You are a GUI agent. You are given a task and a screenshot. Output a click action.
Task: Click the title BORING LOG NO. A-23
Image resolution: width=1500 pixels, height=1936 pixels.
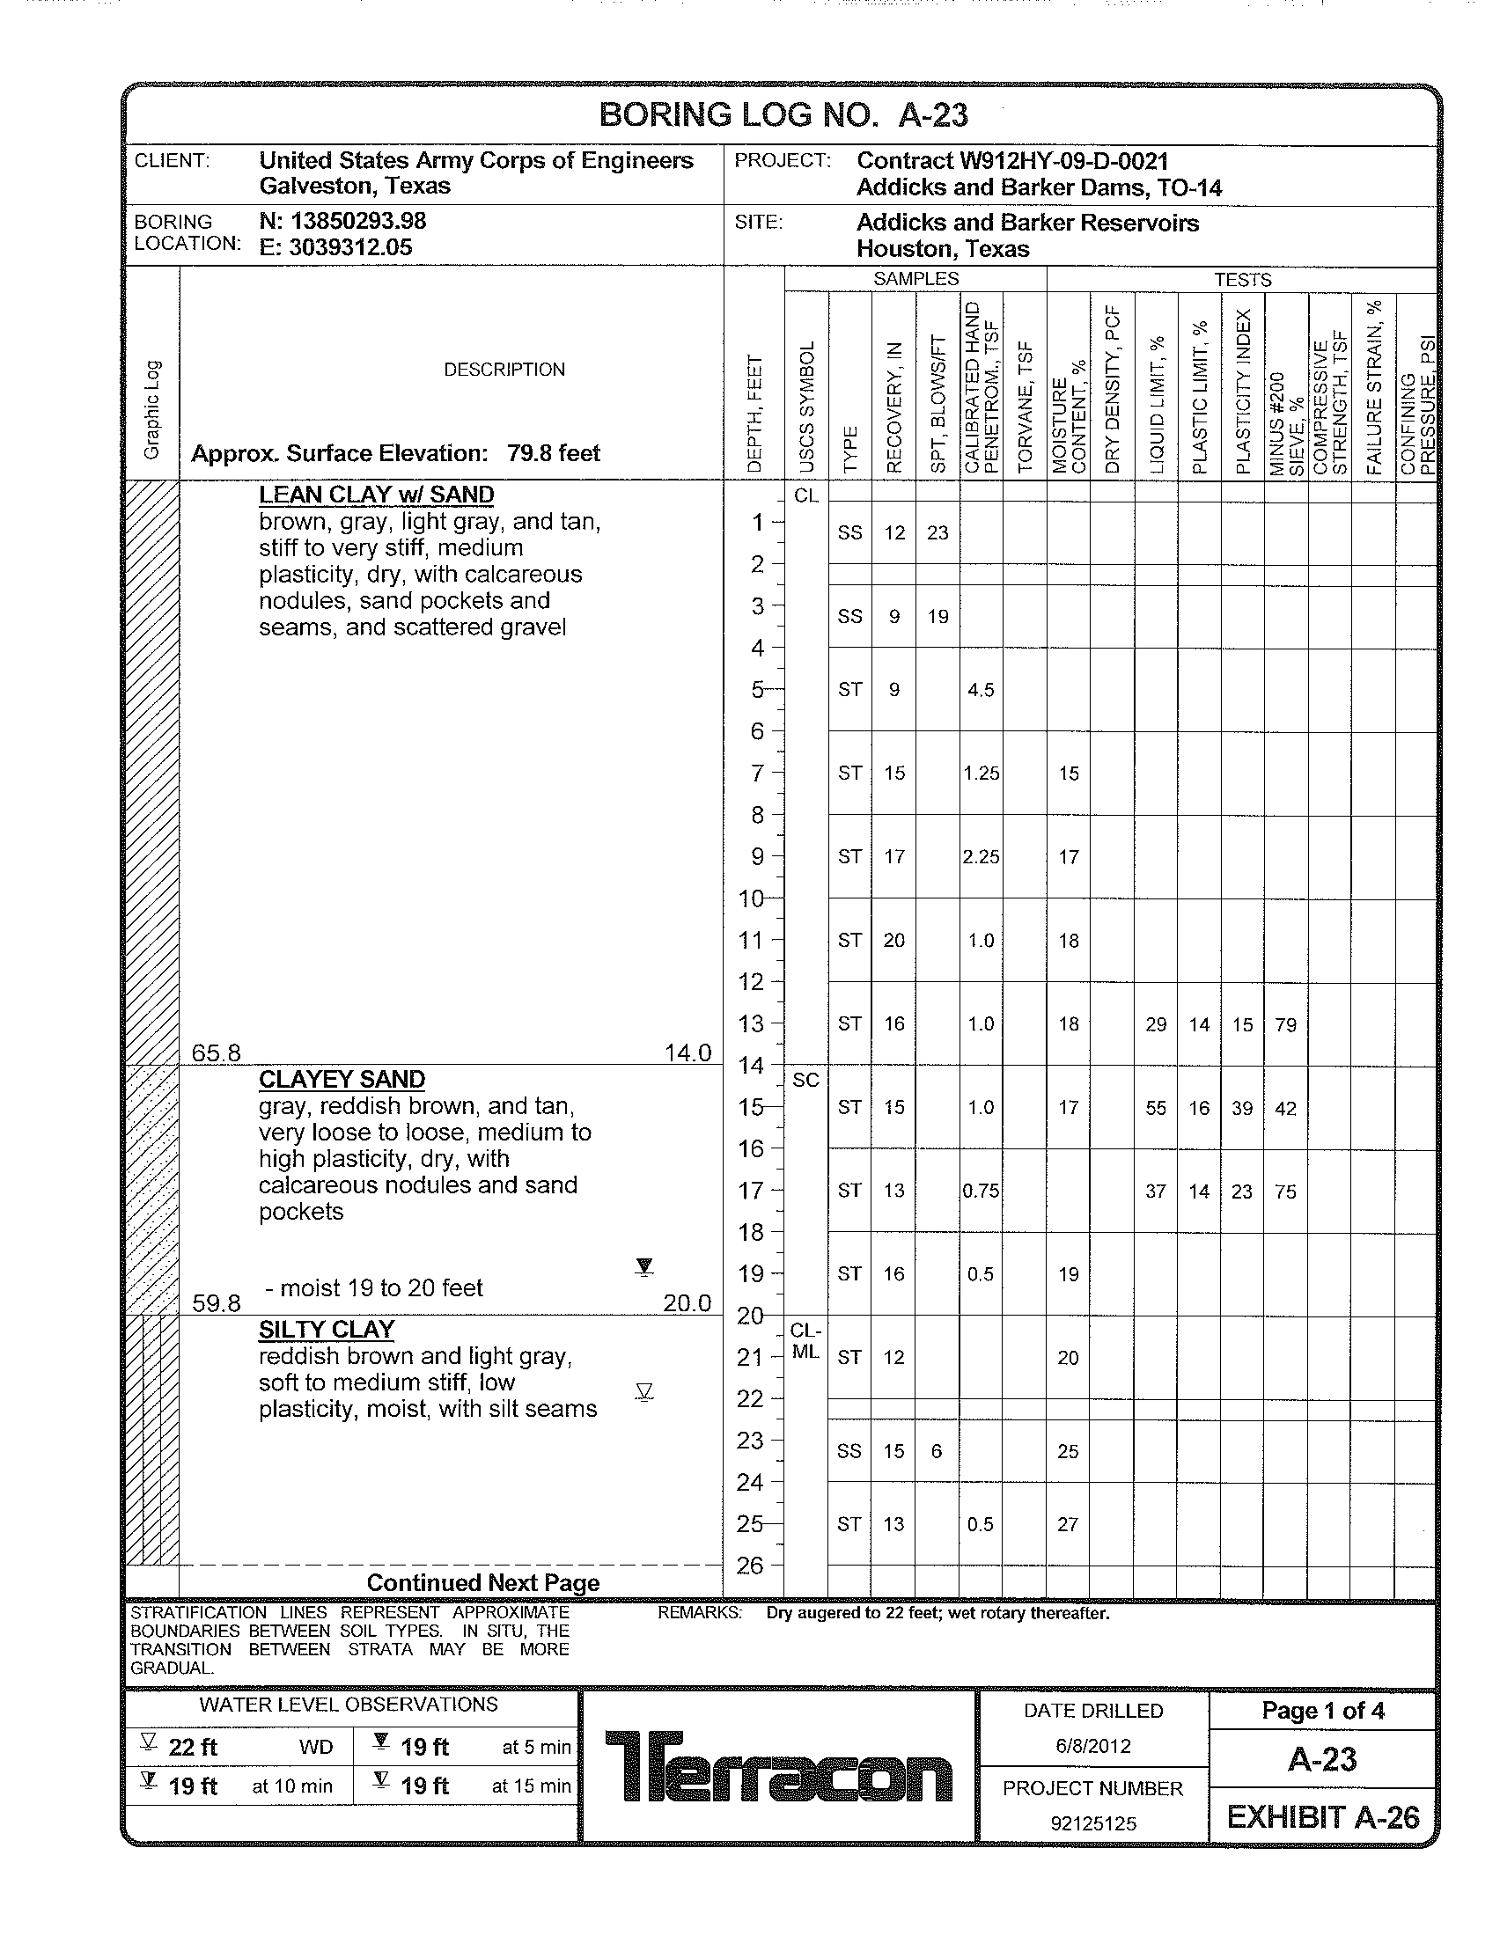[783, 115]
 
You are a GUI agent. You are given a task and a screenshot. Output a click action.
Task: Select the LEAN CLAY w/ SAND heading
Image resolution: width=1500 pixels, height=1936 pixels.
[376, 495]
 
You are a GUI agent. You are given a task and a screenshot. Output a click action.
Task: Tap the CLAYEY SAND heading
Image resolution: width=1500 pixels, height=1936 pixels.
[342, 1079]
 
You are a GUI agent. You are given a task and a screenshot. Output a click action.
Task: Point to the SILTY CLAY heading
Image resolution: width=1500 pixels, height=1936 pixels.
[327, 1329]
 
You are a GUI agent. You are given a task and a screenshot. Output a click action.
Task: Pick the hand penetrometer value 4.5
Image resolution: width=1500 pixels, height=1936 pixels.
[981, 690]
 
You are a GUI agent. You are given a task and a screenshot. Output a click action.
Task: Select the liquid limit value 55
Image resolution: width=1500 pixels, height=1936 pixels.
[1155, 1108]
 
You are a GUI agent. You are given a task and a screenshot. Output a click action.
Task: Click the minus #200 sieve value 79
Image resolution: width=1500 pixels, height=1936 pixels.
[1285, 1024]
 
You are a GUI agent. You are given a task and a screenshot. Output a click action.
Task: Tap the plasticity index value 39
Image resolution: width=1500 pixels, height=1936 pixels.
[1242, 1108]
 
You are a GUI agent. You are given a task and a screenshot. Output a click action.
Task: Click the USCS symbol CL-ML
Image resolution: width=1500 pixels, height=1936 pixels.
[805, 1341]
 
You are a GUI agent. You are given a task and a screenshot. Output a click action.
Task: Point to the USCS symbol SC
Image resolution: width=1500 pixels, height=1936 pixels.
[805, 1080]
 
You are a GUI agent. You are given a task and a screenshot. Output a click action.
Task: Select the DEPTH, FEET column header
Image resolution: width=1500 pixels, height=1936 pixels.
[754, 413]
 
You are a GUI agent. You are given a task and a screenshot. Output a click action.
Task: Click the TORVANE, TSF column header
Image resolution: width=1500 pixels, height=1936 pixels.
[1026, 407]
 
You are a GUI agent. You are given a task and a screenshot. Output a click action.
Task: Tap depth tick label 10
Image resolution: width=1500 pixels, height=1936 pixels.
[751, 898]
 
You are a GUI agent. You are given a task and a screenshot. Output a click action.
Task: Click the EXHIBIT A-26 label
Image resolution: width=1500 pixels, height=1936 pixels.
[1323, 1817]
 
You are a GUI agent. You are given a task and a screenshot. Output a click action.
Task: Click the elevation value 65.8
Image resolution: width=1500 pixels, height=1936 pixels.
[217, 1052]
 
